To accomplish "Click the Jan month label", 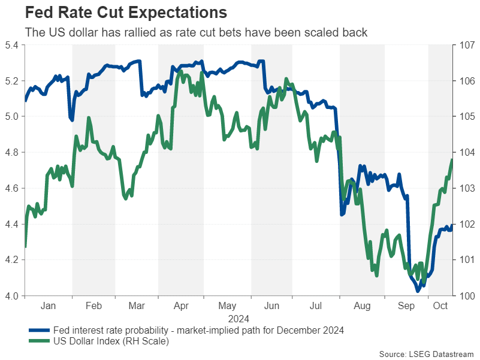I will pos(48,305).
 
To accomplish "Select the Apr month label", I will pos(181,305).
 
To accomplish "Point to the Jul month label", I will pos(316,305).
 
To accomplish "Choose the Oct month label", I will pos(440,305).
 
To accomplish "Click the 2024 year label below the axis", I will pos(238,318).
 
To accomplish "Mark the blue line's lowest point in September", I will pos(418,291).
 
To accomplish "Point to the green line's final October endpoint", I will pos(452,159).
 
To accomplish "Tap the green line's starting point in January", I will pos(25,246).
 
